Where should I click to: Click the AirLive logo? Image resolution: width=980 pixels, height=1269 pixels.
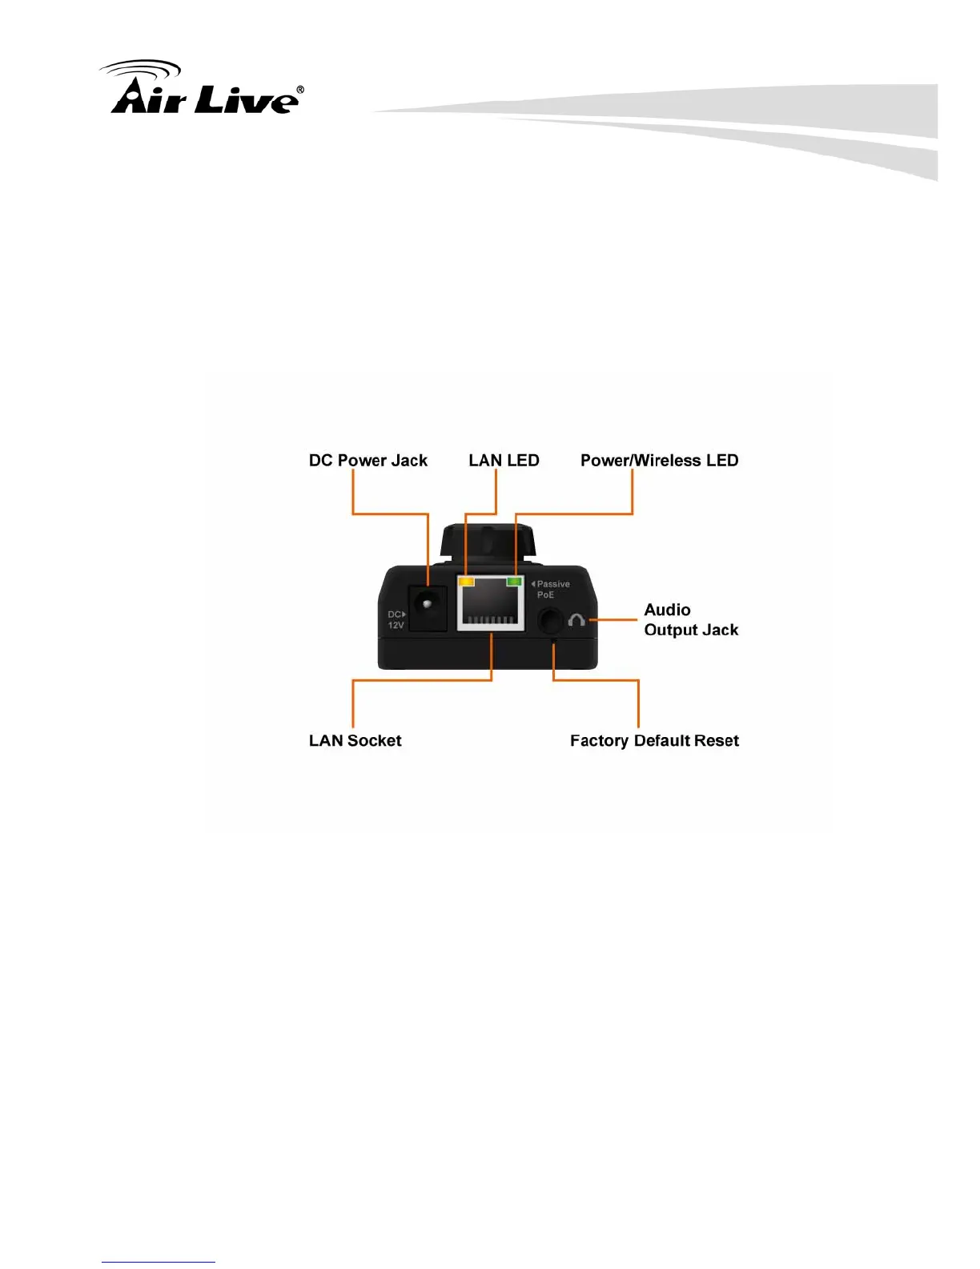coord(205,90)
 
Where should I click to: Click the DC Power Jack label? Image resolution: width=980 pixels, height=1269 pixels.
coord(368,461)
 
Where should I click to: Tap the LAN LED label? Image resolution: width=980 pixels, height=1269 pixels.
coord(504,461)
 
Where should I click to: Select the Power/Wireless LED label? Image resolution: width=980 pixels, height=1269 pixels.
coord(659,461)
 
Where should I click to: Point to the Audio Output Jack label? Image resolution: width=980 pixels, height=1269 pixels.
coord(690,620)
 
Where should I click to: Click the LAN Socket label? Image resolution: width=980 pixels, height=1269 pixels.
coord(355,741)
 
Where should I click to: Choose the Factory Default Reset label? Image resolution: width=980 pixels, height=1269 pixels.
coord(654,741)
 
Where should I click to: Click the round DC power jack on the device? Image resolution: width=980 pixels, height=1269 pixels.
coord(428,606)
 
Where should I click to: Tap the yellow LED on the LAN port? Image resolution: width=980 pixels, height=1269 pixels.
coord(466,582)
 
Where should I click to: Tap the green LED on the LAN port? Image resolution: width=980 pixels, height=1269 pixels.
coord(514,582)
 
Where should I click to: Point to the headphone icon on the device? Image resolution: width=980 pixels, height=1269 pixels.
coord(576,620)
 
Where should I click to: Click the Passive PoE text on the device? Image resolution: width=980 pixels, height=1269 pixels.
coord(552,590)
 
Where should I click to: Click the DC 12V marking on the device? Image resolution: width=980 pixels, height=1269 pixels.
coord(396,620)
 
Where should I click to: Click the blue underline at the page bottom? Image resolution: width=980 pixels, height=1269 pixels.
coord(159,1262)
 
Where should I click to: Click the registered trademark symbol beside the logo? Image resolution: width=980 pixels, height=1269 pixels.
coord(299,91)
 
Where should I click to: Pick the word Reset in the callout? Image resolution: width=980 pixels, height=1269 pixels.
coord(716,741)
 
